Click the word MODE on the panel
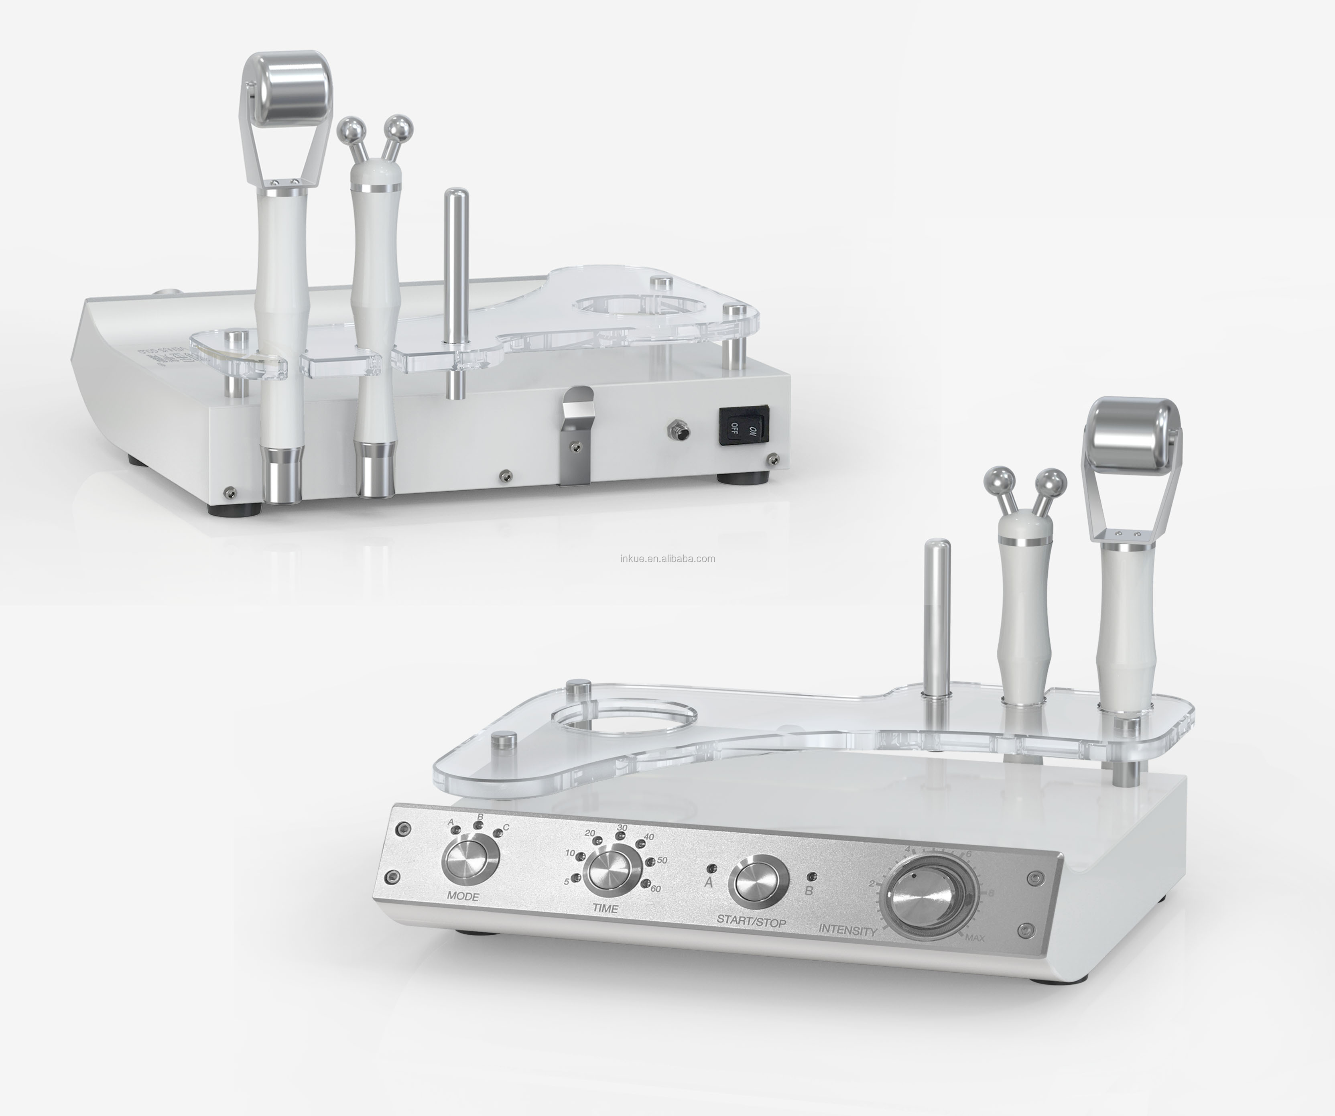click(462, 896)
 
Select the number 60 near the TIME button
click(655, 888)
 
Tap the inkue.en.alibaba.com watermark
click(668, 558)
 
